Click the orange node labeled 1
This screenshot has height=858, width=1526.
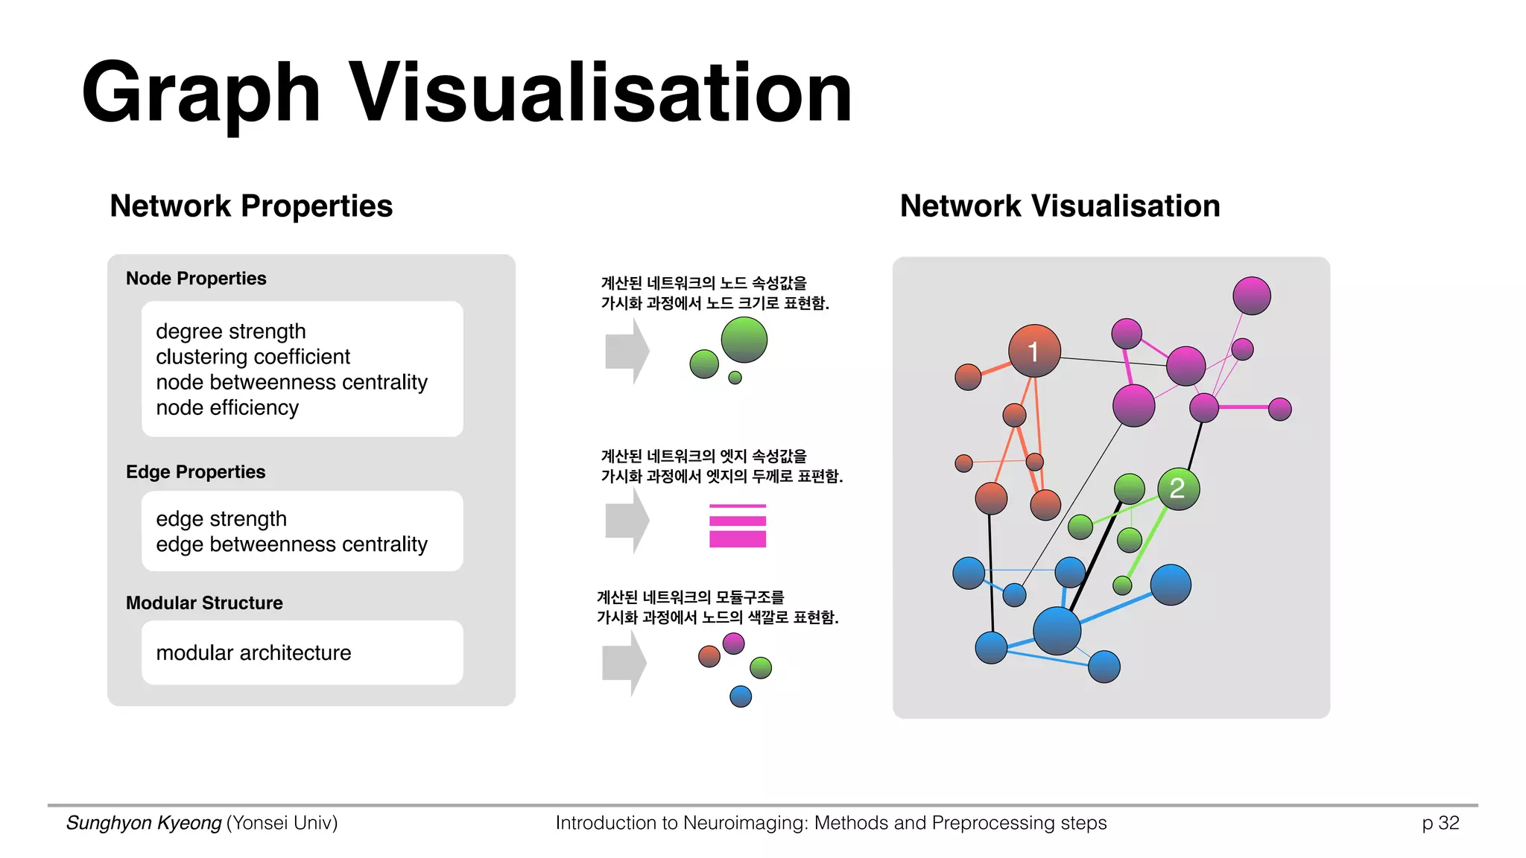click(1034, 351)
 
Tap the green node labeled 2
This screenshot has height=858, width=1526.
click(1178, 489)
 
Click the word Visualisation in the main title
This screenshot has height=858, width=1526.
click(600, 92)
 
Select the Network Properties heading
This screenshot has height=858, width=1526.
click(251, 206)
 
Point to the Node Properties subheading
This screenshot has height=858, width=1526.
click(196, 279)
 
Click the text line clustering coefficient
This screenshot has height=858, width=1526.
click(253, 357)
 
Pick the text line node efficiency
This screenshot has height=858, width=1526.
click(227, 407)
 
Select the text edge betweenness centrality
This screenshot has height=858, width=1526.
click(291, 544)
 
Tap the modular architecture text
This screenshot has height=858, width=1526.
click(253, 652)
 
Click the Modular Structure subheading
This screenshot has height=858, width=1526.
click(204, 603)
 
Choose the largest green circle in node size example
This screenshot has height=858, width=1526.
click(744, 340)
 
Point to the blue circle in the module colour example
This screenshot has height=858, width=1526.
click(740, 696)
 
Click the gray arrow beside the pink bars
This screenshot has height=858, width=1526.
click(626, 520)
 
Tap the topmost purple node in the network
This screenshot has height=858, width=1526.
click(1251, 296)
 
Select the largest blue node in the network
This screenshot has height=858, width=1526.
click(1057, 631)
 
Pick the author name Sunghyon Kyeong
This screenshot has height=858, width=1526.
click(144, 823)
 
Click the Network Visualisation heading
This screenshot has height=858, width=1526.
click(1060, 206)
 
